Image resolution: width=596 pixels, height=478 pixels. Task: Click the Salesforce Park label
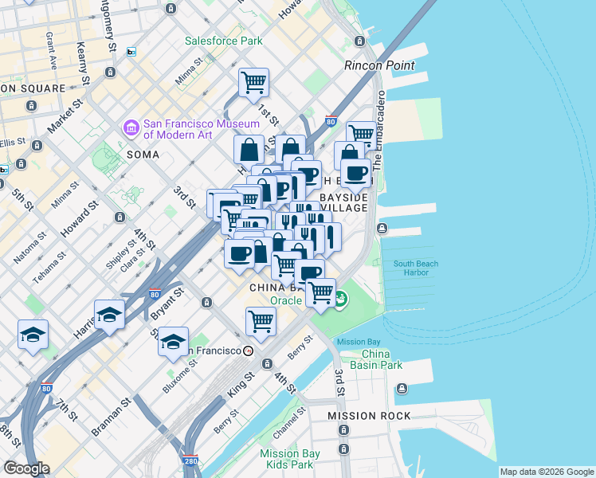click(224, 40)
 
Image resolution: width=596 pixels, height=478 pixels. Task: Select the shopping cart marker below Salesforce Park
click(253, 83)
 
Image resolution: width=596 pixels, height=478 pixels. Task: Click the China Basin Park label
click(382, 359)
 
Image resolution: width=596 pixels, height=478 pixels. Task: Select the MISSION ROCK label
click(369, 416)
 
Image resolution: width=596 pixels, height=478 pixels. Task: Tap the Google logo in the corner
click(26, 468)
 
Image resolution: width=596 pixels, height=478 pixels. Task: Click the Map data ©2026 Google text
click(547, 472)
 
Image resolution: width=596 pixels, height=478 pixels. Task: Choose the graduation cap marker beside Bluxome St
click(173, 342)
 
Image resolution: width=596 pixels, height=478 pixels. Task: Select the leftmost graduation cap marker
click(33, 335)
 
